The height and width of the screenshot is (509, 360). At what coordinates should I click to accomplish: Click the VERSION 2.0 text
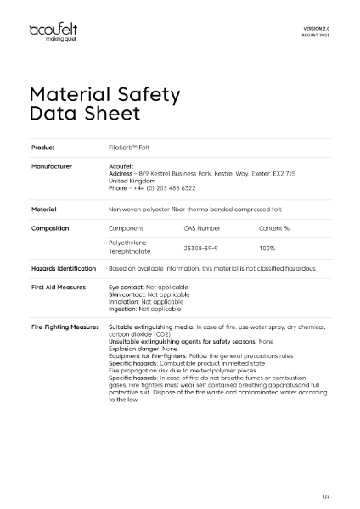click(316, 29)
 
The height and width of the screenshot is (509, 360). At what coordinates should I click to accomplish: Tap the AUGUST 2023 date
click(316, 36)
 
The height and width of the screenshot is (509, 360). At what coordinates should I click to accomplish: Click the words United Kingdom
click(132, 180)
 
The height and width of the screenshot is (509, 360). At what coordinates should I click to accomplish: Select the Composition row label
click(50, 228)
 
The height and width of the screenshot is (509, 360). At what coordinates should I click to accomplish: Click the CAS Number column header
click(202, 228)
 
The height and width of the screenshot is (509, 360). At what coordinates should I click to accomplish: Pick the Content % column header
click(274, 228)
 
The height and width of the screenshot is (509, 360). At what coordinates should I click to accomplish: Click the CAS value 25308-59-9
click(202, 247)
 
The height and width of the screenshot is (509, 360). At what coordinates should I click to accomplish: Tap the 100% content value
click(267, 247)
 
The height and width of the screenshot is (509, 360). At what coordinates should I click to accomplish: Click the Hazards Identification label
click(64, 268)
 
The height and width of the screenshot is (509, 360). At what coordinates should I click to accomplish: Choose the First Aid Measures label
click(58, 288)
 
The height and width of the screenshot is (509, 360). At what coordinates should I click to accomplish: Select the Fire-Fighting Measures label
click(65, 326)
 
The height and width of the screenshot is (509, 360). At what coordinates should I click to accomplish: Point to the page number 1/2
click(326, 495)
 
